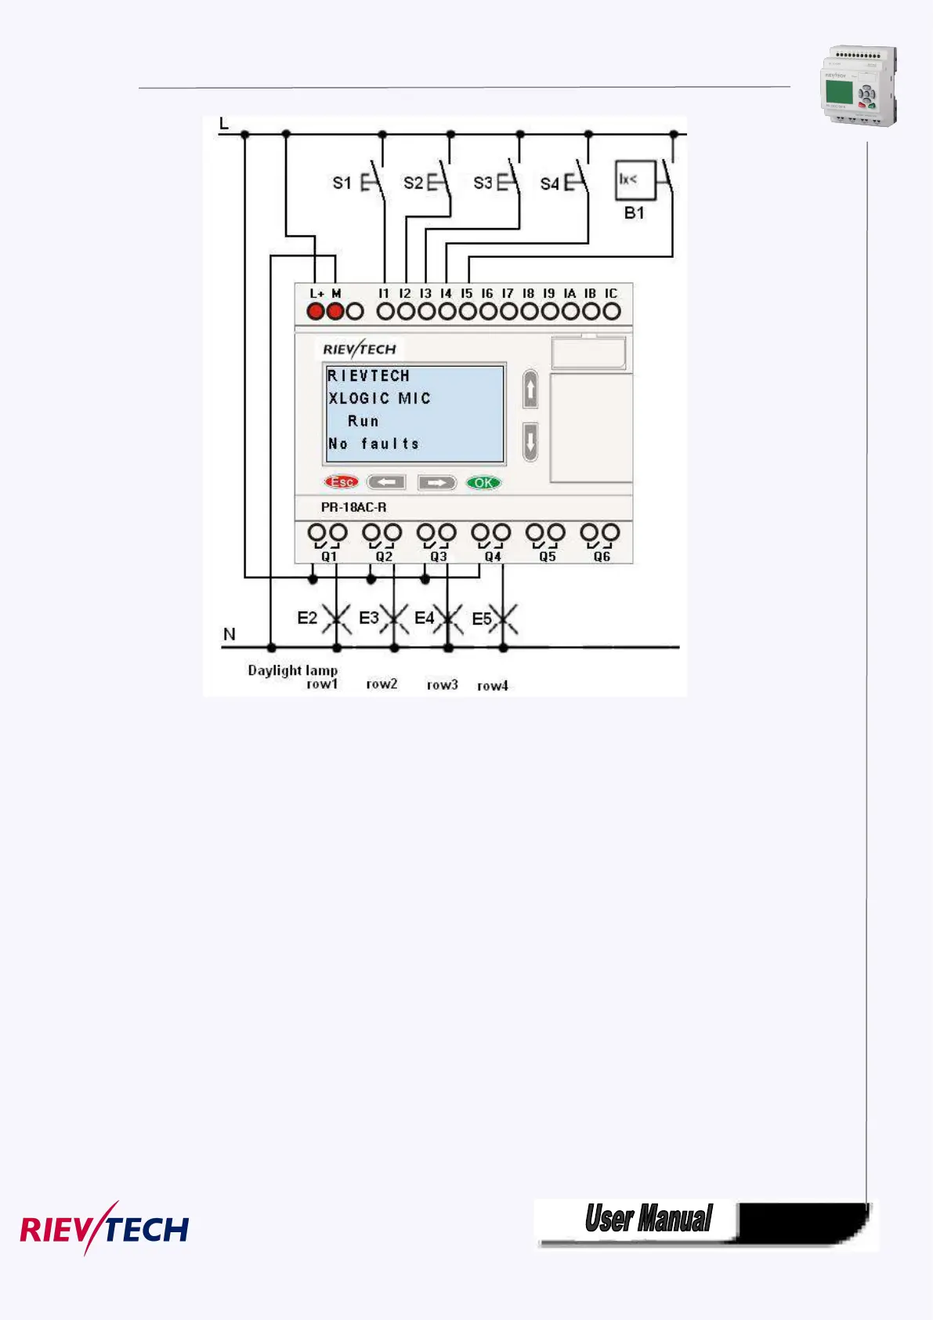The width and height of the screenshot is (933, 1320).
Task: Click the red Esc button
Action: [341, 482]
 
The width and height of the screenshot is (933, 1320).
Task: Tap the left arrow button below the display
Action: [386, 482]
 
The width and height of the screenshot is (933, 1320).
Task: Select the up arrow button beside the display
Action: [530, 390]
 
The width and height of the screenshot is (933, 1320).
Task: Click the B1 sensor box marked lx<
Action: [635, 181]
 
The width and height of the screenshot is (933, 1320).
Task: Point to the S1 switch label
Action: [342, 183]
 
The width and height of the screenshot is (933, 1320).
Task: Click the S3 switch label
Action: [483, 183]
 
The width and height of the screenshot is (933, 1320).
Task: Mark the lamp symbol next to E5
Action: [504, 620]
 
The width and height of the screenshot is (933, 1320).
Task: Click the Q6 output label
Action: [602, 557]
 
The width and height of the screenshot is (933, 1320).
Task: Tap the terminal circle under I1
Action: [385, 311]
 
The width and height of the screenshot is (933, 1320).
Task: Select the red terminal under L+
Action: [316, 311]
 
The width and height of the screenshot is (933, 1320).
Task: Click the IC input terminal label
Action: [611, 294]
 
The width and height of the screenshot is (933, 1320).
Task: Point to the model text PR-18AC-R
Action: [353, 507]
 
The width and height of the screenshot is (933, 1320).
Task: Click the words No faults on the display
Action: [374, 444]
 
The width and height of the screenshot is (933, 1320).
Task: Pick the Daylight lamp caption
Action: [292, 670]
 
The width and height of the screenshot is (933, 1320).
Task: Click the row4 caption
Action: [493, 686]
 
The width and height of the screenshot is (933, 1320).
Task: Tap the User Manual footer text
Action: [649, 1219]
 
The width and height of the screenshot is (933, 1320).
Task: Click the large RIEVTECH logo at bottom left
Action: [104, 1228]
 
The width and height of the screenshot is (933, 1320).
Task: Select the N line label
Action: [230, 634]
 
